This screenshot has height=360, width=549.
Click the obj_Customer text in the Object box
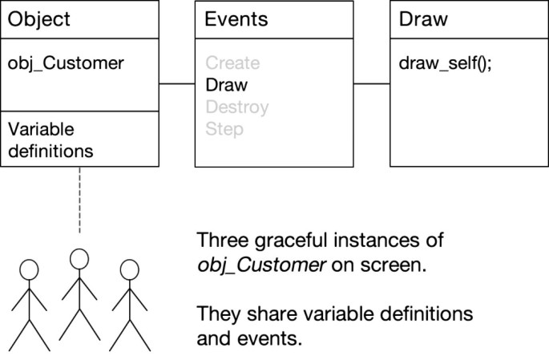coord(66,63)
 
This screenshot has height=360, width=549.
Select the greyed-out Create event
coord(232,63)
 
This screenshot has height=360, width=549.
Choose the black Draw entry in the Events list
coord(227,84)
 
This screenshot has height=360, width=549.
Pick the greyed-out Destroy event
coord(236,107)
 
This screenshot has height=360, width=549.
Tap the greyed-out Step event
coord(224,128)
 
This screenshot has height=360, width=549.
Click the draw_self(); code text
coord(445,63)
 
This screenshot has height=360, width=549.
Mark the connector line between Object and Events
coord(177,83)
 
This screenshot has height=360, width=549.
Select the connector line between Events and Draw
coord(372,83)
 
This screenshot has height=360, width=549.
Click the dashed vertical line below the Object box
coord(79,200)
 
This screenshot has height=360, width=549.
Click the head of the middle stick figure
coord(79,257)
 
